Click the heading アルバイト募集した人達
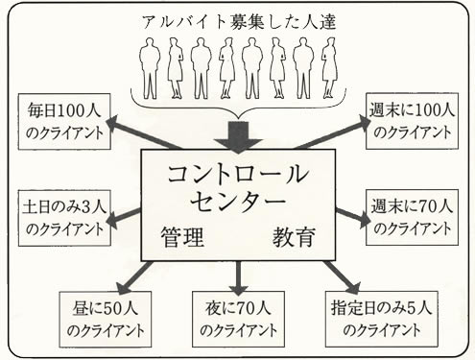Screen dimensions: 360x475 [x=238, y=20]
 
